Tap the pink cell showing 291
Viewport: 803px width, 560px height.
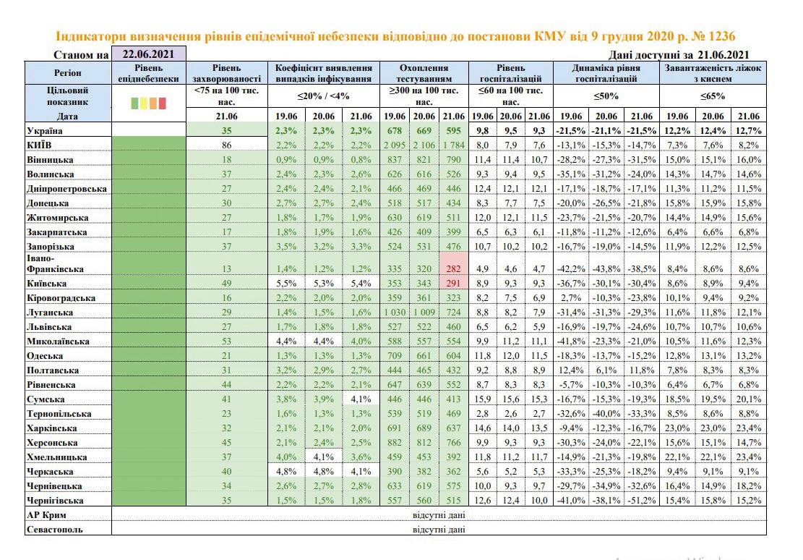[454, 283]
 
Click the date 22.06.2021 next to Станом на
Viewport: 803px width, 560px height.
[148, 54]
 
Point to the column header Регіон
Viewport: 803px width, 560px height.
[68, 72]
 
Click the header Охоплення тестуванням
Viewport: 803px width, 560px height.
[425, 72]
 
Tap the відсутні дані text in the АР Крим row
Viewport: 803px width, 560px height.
[439, 514]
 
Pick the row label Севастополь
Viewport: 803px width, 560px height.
[54, 529]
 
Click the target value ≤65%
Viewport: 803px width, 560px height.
[711, 96]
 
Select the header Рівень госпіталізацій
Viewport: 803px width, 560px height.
[510, 72]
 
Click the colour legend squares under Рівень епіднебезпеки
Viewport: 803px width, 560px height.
[148, 103]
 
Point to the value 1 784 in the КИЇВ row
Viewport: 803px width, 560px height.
[454, 145]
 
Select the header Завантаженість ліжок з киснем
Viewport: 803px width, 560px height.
[711, 72]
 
